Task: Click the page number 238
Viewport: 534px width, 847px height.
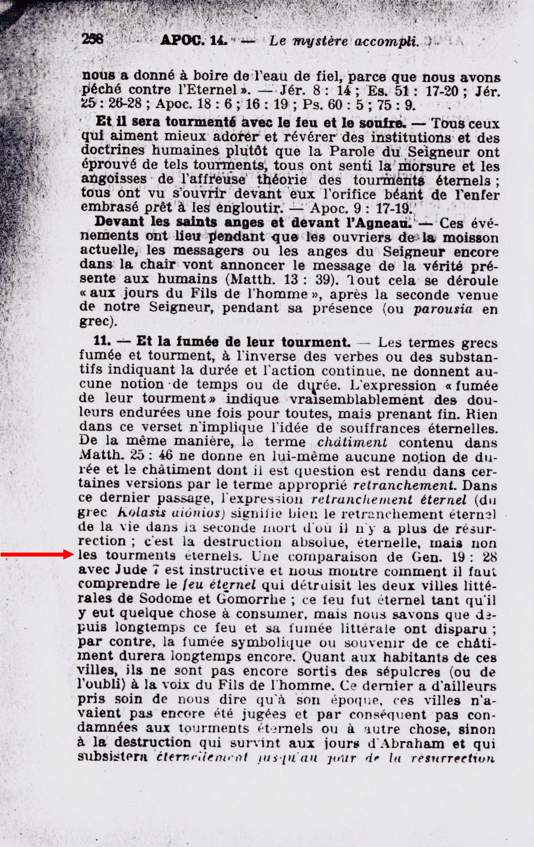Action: coord(92,39)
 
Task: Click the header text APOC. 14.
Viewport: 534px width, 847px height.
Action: coord(194,40)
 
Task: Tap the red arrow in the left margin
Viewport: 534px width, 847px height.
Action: coord(38,555)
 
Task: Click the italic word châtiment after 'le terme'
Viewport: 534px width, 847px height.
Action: coord(352,442)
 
